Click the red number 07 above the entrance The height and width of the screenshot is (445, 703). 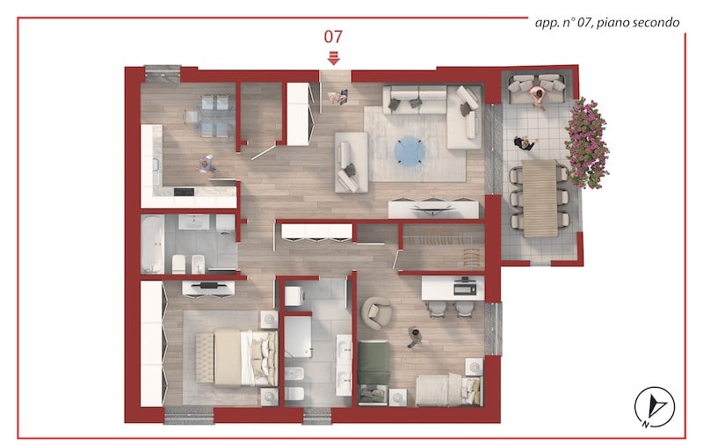(x=333, y=37)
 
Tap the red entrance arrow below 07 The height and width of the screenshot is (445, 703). (x=333, y=58)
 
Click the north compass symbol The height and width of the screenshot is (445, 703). (x=654, y=407)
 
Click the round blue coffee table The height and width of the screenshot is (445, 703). (x=409, y=151)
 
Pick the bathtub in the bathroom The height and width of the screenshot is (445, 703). (x=152, y=244)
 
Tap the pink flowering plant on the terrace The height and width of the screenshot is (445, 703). (x=586, y=142)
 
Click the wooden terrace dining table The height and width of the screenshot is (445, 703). (x=540, y=198)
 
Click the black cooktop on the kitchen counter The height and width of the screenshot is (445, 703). (x=184, y=192)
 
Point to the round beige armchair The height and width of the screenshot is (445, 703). (x=378, y=312)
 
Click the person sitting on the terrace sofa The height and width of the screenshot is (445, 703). (x=538, y=97)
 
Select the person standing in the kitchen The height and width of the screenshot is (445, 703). (x=206, y=164)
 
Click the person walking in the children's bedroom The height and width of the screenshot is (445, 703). (x=415, y=338)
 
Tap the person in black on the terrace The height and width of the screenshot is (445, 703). (x=525, y=143)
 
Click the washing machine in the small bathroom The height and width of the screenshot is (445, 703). (x=294, y=296)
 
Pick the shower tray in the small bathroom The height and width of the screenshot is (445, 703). (x=298, y=337)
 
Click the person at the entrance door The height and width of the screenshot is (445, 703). (x=337, y=97)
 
